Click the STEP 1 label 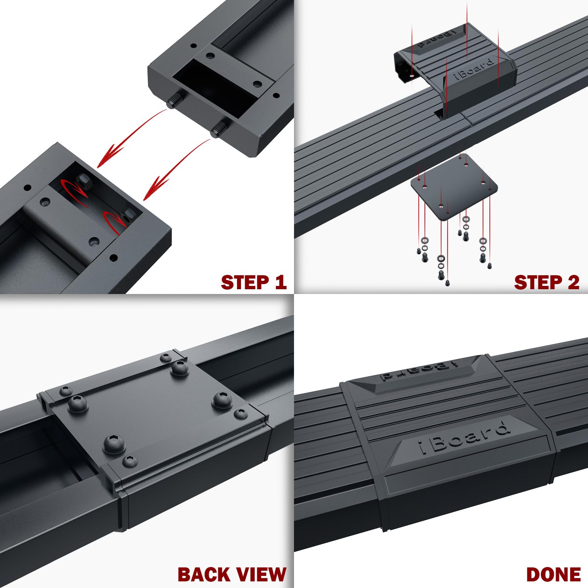(x=253, y=282)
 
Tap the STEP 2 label (x=546, y=282)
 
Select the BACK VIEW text (x=232, y=574)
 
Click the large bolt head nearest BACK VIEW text (x=114, y=444)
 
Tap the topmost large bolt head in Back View (x=180, y=367)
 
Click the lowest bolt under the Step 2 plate (x=447, y=283)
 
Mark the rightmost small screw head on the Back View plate (x=241, y=414)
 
